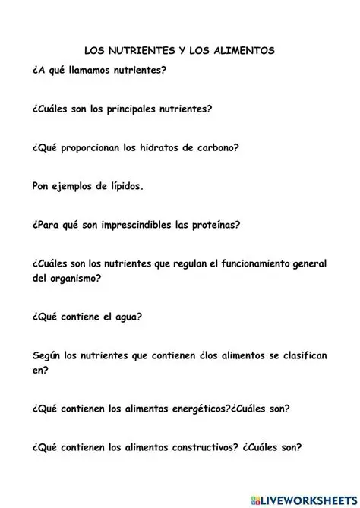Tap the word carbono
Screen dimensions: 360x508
click(242, 147)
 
